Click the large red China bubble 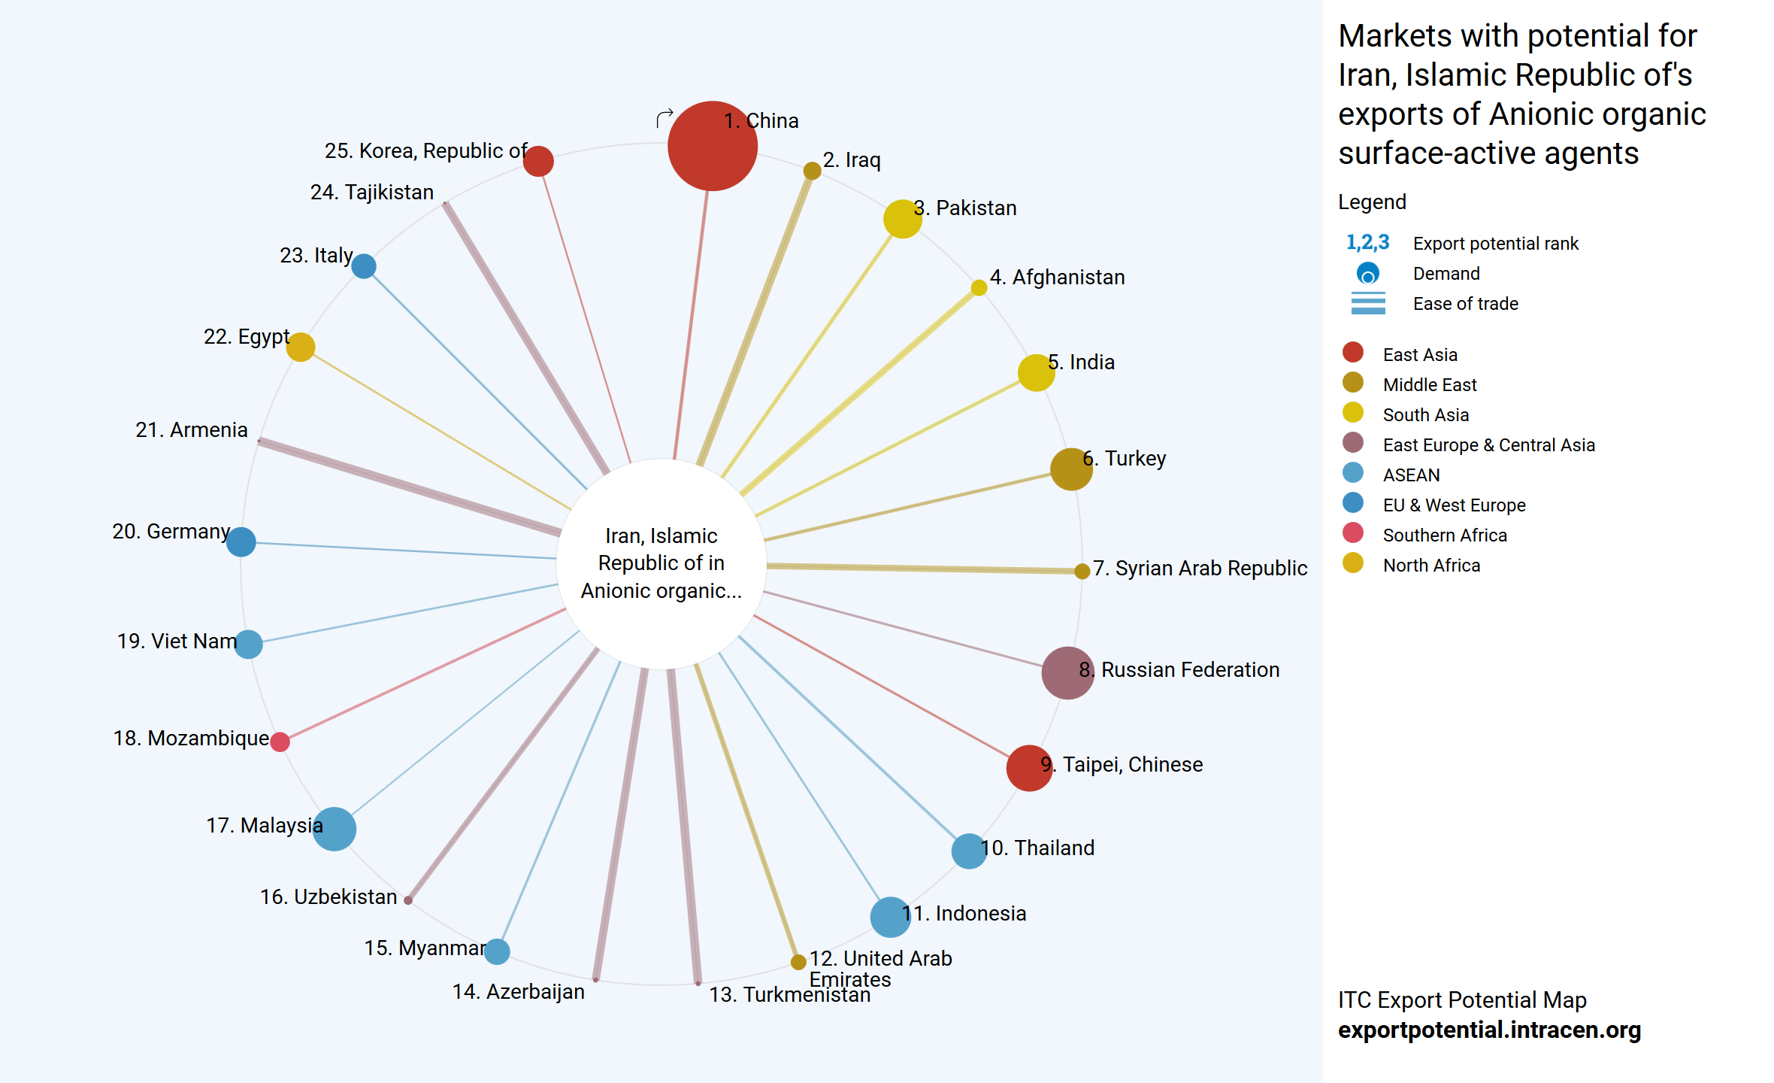click(x=712, y=146)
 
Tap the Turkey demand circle click(x=1070, y=469)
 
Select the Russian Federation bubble click(x=1067, y=672)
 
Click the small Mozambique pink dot click(x=280, y=742)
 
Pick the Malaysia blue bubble click(x=334, y=829)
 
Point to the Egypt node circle click(x=301, y=347)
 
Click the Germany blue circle click(x=241, y=541)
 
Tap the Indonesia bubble click(x=890, y=917)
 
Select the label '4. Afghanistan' click(x=1057, y=278)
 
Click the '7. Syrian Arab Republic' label click(x=1200, y=569)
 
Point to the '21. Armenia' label click(x=192, y=430)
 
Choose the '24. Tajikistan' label click(x=372, y=193)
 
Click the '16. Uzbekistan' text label click(x=328, y=897)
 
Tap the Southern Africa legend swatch click(x=1352, y=533)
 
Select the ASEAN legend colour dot click(x=1352, y=473)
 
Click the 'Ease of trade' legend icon click(x=1368, y=303)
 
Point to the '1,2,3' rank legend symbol click(x=1367, y=243)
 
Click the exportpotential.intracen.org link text click(x=1489, y=1030)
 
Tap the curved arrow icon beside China click(x=664, y=118)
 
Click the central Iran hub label click(x=661, y=563)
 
